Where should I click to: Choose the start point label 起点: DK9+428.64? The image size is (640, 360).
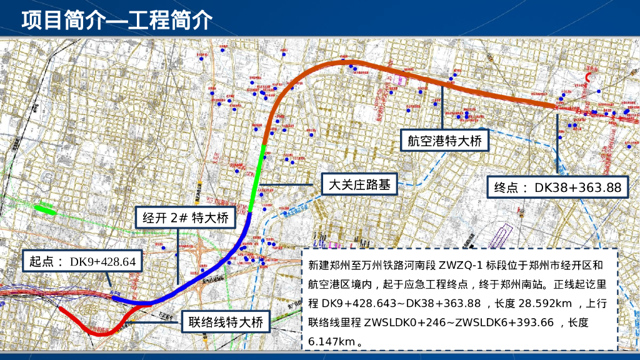(x=79, y=262)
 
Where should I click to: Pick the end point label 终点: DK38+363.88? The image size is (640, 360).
(x=557, y=187)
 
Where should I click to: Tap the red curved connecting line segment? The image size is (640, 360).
(x=100, y=330)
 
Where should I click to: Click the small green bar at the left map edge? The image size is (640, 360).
(x=45, y=209)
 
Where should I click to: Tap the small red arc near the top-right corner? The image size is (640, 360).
(x=589, y=77)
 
